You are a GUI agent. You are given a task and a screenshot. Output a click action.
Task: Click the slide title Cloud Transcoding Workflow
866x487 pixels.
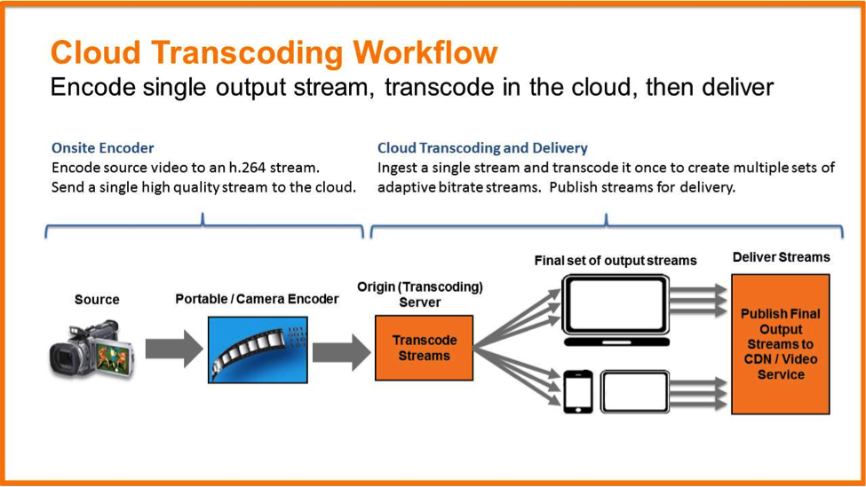click(274, 52)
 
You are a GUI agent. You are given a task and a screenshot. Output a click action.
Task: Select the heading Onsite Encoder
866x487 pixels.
click(102, 147)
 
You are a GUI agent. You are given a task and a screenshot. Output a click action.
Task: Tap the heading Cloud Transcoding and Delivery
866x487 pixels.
click(482, 147)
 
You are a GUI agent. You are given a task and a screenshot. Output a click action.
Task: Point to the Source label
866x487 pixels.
click(97, 300)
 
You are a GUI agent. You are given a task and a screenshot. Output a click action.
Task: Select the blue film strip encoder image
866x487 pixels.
click(258, 350)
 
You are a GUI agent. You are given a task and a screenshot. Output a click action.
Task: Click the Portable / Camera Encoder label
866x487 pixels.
click(257, 299)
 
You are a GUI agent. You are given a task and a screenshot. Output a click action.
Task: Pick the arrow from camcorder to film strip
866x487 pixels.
click(174, 350)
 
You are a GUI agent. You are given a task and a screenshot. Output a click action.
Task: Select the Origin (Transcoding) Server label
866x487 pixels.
click(420, 295)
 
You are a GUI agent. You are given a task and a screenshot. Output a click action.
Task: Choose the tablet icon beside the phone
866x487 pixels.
click(634, 390)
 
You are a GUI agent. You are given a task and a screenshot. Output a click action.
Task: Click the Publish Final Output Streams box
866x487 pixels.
click(781, 344)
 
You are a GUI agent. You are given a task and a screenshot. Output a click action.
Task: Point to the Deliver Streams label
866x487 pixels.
click(781, 257)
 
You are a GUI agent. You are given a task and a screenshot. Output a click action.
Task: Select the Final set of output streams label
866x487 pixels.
click(615, 261)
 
